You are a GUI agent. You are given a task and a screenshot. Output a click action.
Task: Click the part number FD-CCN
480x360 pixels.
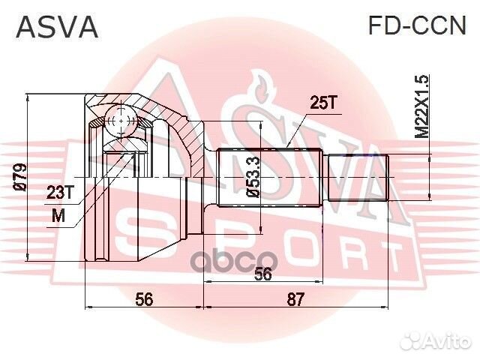pyautogui.click(x=415, y=25)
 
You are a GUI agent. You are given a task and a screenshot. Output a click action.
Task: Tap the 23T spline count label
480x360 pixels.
pyautogui.click(x=60, y=193)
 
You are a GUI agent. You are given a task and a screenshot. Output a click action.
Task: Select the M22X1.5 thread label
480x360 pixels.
pyautogui.click(x=422, y=106)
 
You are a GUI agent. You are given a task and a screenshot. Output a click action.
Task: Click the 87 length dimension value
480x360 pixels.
pyautogui.click(x=295, y=299)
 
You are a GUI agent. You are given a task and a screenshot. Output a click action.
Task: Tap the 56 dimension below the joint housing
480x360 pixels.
pyautogui.click(x=144, y=299)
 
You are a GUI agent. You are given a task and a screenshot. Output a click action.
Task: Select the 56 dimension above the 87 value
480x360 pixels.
pyautogui.click(x=262, y=274)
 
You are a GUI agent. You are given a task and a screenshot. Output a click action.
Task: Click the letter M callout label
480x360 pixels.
pyautogui.click(x=60, y=217)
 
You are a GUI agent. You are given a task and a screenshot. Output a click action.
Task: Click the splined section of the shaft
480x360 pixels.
pyautogui.click(x=270, y=178)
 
